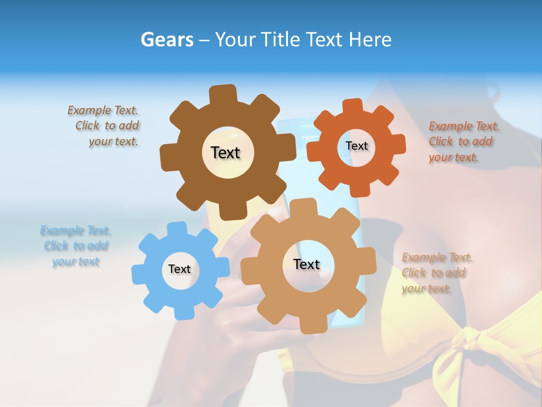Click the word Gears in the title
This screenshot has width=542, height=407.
pyautogui.click(x=167, y=40)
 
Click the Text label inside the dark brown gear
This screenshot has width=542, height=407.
pyautogui.click(x=225, y=153)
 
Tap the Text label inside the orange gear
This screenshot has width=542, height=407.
pyautogui.click(x=356, y=146)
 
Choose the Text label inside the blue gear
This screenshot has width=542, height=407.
pyautogui.click(x=180, y=269)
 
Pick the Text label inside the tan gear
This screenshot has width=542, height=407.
pyautogui.click(x=307, y=264)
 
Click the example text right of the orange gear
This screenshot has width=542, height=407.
pyautogui.click(x=463, y=141)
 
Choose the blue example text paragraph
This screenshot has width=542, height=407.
pyautogui.click(x=76, y=246)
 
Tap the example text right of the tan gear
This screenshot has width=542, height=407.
pyautogui.click(x=436, y=273)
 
